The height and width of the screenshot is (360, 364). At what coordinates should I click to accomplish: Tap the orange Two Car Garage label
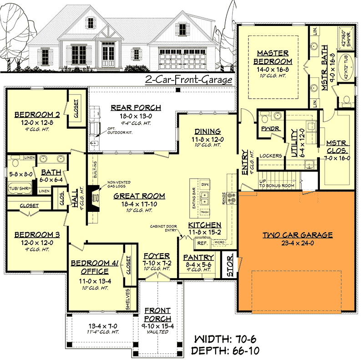297,235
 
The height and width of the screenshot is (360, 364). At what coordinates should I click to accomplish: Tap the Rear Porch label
136,108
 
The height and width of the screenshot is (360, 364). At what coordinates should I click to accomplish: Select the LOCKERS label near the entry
270,156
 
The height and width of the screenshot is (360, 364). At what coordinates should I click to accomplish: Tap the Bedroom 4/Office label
95,267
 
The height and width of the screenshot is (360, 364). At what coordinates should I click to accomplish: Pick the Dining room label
207,131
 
